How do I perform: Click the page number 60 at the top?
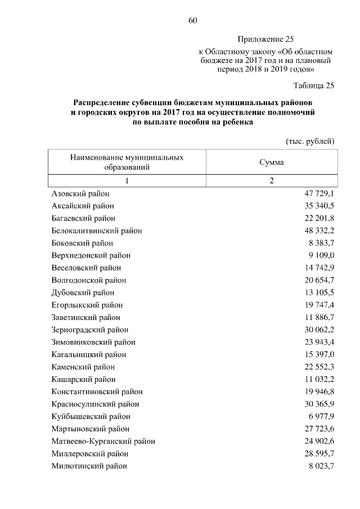tap(192, 21)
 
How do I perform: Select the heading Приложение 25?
tap(265, 39)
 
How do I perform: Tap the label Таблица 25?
tap(314, 85)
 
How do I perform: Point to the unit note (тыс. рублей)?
tap(310, 140)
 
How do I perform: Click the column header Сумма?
tap(271, 163)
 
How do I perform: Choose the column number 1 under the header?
tap(127, 181)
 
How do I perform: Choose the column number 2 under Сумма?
tap(271, 181)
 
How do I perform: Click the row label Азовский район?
tap(80, 193)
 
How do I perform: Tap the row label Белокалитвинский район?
tap(96, 231)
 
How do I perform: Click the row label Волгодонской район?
tap(88, 280)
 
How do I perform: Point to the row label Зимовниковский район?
tap(93, 342)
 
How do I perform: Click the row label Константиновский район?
tap(97, 391)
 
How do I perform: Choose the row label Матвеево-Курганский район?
tap(103, 441)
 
